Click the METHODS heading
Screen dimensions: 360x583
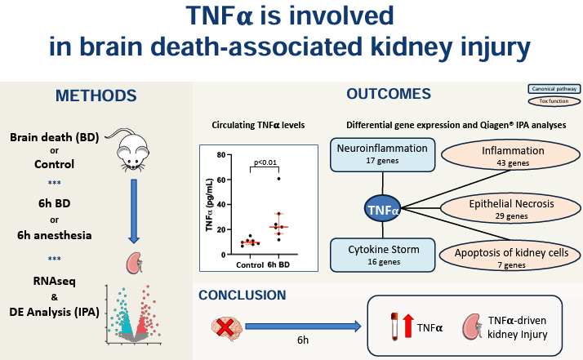click(96, 96)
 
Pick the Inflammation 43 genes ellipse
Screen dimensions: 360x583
click(501, 157)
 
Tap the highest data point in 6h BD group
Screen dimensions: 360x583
click(278, 178)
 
